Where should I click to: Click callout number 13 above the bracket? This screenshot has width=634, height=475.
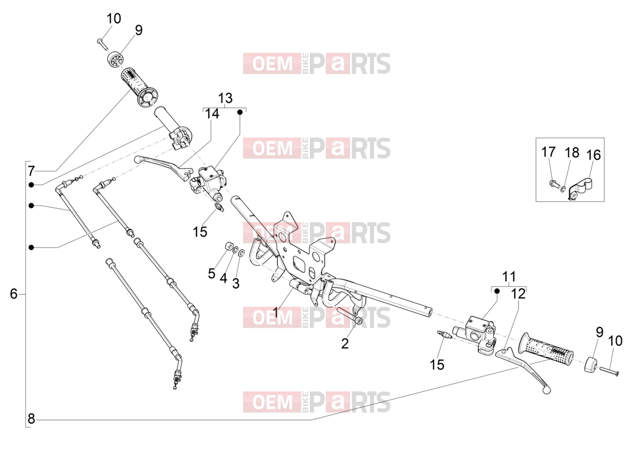[x=225, y=98]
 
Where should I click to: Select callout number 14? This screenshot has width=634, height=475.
[x=212, y=114]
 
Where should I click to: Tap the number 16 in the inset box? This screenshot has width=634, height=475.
[x=593, y=154]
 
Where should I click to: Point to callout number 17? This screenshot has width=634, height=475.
[x=548, y=152]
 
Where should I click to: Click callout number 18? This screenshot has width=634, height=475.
[x=572, y=152]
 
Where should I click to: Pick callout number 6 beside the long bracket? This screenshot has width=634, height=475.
[x=14, y=294]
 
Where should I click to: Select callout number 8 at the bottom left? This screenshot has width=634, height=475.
[x=31, y=419]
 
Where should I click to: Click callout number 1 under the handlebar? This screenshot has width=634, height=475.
[x=276, y=312]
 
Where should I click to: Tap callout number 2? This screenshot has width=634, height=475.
[x=344, y=343]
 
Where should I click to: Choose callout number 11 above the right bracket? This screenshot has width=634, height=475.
[x=509, y=277]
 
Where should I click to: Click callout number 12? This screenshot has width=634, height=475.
[x=518, y=294]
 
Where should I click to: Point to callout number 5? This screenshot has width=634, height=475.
[x=211, y=273]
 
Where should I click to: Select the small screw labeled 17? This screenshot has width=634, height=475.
[x=553, y=184]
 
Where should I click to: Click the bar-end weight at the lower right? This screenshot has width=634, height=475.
[x=591, y=364]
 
